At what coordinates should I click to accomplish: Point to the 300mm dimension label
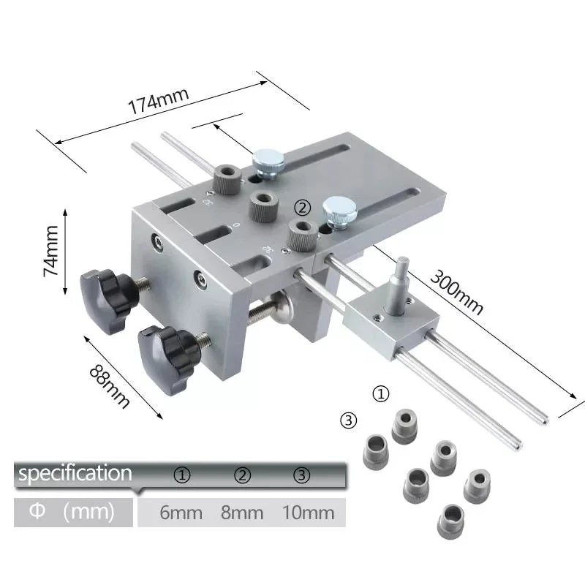pos(456,292)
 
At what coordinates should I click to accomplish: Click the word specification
pos(75,474)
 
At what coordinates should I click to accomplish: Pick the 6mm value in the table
pos(181,513)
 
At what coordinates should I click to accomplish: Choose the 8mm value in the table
pos(242,513)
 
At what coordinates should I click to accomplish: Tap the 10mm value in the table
pos(308,513)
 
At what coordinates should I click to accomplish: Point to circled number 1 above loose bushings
pos(381,393)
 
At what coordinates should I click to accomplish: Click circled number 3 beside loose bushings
pos(349,420)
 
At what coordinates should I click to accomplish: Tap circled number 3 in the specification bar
pos(302,475)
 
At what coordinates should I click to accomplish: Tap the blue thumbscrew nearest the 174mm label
pos(267,163)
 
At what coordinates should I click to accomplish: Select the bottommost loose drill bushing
pos(450,520)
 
